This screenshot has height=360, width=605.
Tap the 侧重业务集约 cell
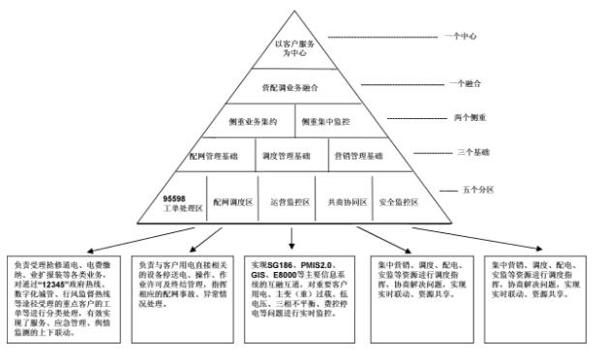pos(254,121)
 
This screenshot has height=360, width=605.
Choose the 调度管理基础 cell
pos(287,155)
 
